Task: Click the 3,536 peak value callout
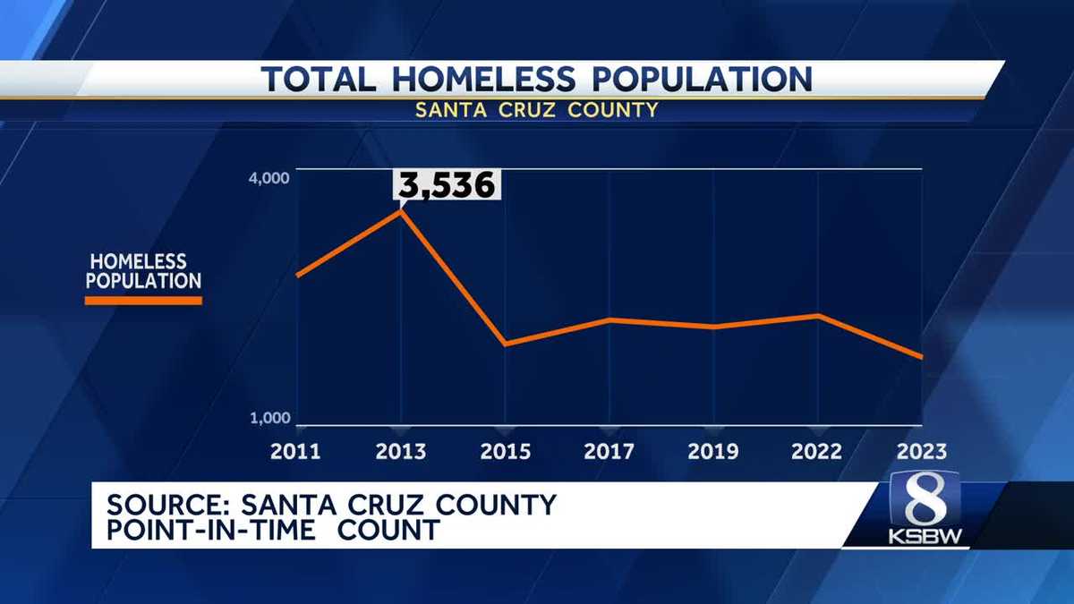pyautogui.click(x=446, y=186)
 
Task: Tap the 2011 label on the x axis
pyautogui.click(x=296, y=451)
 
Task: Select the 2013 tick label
pyautogui.click(x=401, y=451)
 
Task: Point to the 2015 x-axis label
pyautogui.click(x=505, y=451)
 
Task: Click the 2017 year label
pyautogui.click(x=609, y=451)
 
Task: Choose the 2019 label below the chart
pyautogui.click(x=713, y=451)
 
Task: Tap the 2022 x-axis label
pyautogui.click(x=817, y=451)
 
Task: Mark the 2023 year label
pyautogui.click(x=921, y=451)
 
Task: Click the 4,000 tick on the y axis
pyautogui.click(x=268, y=178)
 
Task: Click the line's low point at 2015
pyautogui.click(x=505, y=344)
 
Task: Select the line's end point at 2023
pyautogui.click(x=922, y=357)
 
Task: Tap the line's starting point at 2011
pyautogui.click(x=297, y=275)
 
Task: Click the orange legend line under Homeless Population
pyautogui.click(x=143, y=302)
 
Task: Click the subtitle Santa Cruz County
pyautogui.click(x=537, y=110)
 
